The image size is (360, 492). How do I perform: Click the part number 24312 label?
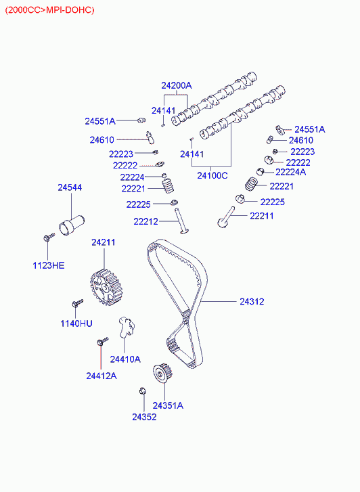tap(252, 302)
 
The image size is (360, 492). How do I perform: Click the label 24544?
tap(70, 187)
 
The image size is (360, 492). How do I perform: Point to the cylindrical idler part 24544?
tap(72, 225)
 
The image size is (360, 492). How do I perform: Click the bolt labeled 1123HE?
tap(49, 238)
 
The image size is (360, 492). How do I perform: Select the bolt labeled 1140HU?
tap(78, 303)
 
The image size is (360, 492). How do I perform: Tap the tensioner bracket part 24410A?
tap(126, 327)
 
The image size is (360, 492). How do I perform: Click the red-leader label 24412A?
tap(102, 376)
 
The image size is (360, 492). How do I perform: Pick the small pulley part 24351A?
tap(162, 373)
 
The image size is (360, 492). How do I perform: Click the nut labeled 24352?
tap(143, 391)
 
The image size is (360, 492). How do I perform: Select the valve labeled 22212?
tap(181, 221)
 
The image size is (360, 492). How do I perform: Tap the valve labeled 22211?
tap(226, 217)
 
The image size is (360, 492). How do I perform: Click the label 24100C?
tap(212, 176)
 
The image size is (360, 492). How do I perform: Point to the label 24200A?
tap(177, 85)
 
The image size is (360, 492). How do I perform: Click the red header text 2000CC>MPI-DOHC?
tap(49, 10)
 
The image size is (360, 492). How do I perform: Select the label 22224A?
tap(290, 172)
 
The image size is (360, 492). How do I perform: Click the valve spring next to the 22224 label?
tap(168, 185)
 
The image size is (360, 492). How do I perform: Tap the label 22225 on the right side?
tap(273, 202)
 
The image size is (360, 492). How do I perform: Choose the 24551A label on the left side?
tap(100, 121)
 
